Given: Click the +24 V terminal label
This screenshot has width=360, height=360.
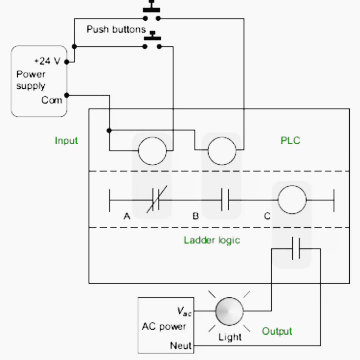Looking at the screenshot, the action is pyautogui.click(x=47, y=61).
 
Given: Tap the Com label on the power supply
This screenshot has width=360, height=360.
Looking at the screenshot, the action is pyautogui.click(x=52, y=100).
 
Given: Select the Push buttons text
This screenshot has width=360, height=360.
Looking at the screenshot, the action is pyautogui.click(x=116, y=29).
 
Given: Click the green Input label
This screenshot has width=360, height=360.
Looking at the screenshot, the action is pyautogui.click(x=66, y=141).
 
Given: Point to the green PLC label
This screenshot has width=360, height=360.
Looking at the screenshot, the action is pyautogui.click(x=290, y=141).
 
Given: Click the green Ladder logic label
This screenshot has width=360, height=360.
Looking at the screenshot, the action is pyautogui.click(x=212, y=240).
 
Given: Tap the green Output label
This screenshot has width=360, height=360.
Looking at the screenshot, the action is pyautogui.click(x=277, y=331).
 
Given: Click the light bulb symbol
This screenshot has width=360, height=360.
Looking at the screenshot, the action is pyautogui.click(x=229, y=311).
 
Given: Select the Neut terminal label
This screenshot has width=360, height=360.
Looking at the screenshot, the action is pyautogui.click(x=180, y=345).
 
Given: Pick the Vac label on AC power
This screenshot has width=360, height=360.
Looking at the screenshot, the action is pyautogui.click(x=184, y=312).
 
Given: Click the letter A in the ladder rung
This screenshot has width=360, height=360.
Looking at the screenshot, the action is pyautogui.click(x=127, y=216).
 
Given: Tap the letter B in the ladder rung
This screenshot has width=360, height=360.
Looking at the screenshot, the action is pyautogui.click(x=195, y=216).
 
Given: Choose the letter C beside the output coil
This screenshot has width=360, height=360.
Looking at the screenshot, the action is pyautogui.click(x=267, y=216).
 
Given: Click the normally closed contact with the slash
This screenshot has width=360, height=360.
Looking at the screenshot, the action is pyautogui.click(x=156, y=200).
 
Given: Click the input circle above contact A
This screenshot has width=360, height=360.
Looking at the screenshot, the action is pyautogui.click(x=152, y=137).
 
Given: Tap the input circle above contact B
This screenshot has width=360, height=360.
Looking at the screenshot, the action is pyautogui.click(x=222, y=137).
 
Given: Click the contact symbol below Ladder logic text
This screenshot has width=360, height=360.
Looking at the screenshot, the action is pyautogui.click(x=296, y=249).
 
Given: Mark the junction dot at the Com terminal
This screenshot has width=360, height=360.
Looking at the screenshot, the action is pyautogui.click(x=67, y=95).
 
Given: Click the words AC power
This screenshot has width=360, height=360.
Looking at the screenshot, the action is pyautogui.click(x=164, y=326).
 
